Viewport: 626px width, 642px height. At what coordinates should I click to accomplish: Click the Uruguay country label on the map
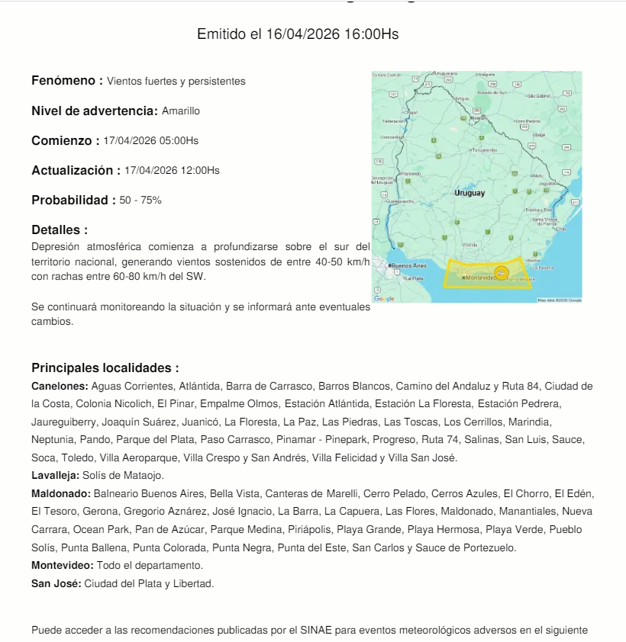tap(469, 193)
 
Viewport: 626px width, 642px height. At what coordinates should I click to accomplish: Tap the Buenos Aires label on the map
tap(408, 265)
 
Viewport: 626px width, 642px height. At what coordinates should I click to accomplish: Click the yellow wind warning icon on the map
tap(502, 272)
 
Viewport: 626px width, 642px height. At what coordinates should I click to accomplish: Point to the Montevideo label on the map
tap(481, 278)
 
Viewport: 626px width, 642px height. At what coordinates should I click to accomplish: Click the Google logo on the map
tap(384, 298)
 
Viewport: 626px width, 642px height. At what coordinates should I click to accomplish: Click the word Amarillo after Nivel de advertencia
tap(181, 111)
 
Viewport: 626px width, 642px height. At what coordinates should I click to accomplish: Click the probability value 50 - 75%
tap(140, 201)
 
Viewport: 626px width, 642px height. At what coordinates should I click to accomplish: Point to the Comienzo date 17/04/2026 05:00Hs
tap(150, 141)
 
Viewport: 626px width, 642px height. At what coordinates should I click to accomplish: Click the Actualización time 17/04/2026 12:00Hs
tap(172, 171)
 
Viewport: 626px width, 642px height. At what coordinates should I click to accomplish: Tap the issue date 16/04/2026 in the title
tap(303, 34)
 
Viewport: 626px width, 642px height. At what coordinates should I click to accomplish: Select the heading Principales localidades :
tap(105, 368)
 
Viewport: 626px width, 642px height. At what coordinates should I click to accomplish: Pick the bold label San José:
tap(56, 584)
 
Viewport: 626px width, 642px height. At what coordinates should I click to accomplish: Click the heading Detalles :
tap(60, 230)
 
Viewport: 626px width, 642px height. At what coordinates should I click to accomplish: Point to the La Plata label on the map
tap(413, 279)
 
